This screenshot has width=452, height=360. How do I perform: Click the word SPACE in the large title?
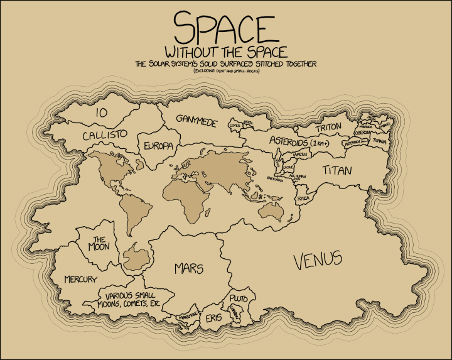pos(224,28)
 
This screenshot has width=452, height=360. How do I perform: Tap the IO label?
pos(100,113)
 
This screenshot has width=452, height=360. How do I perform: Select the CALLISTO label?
pos(105,135)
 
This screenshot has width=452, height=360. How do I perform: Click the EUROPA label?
pos(158,146)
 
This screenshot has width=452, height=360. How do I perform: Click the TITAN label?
pos(337,170)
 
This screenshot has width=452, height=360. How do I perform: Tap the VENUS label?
pos(317,259)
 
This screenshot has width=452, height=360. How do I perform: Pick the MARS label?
pos(189,269)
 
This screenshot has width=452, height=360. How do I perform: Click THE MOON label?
pos(99,243)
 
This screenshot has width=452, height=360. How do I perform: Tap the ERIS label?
pos(213,319)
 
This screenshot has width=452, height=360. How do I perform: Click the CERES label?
pos(235,125)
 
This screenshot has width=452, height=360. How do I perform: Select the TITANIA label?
pos(380,142)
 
